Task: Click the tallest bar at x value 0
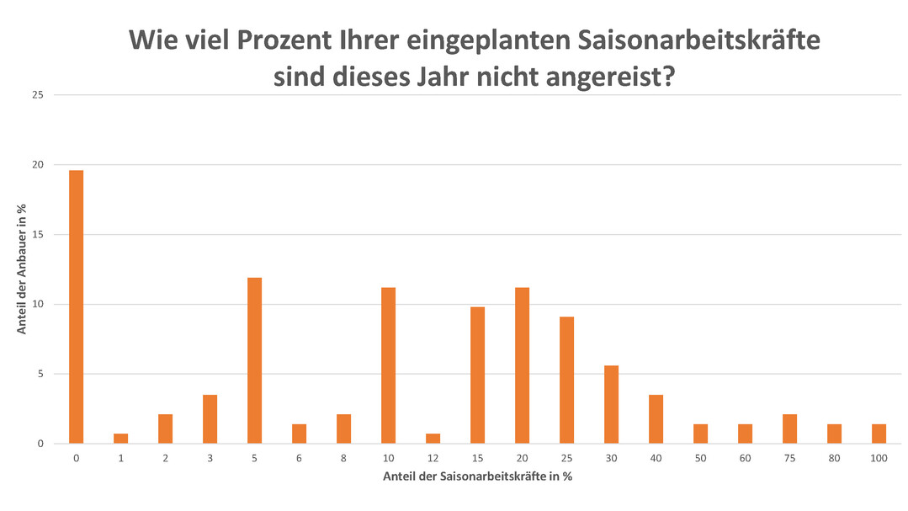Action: pos(76,306)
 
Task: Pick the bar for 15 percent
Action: pos(477,375)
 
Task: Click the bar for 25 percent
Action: pos(566,380)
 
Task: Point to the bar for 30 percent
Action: pos(611,404)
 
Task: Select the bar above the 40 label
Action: pos(656,418)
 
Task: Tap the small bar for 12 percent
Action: pos(433,439)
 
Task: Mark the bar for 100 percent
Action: pos(879,434)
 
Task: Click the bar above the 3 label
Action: pos(210,418)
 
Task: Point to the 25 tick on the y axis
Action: pos(38,95)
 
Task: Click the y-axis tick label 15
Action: pos(38,235)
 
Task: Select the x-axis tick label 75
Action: pos(789,458)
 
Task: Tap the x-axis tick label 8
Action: pos(343,458)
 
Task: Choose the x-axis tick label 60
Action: pos(745,458)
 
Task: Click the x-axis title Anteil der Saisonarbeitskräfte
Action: pos(477,476)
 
